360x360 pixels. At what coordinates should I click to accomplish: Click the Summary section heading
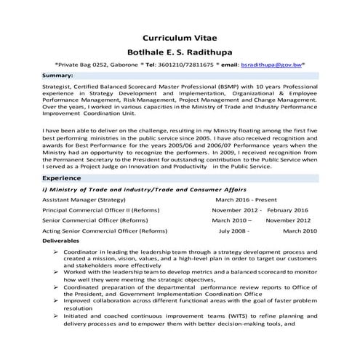tap(57, 76)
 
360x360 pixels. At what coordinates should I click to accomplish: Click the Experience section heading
tap(61, 177)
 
